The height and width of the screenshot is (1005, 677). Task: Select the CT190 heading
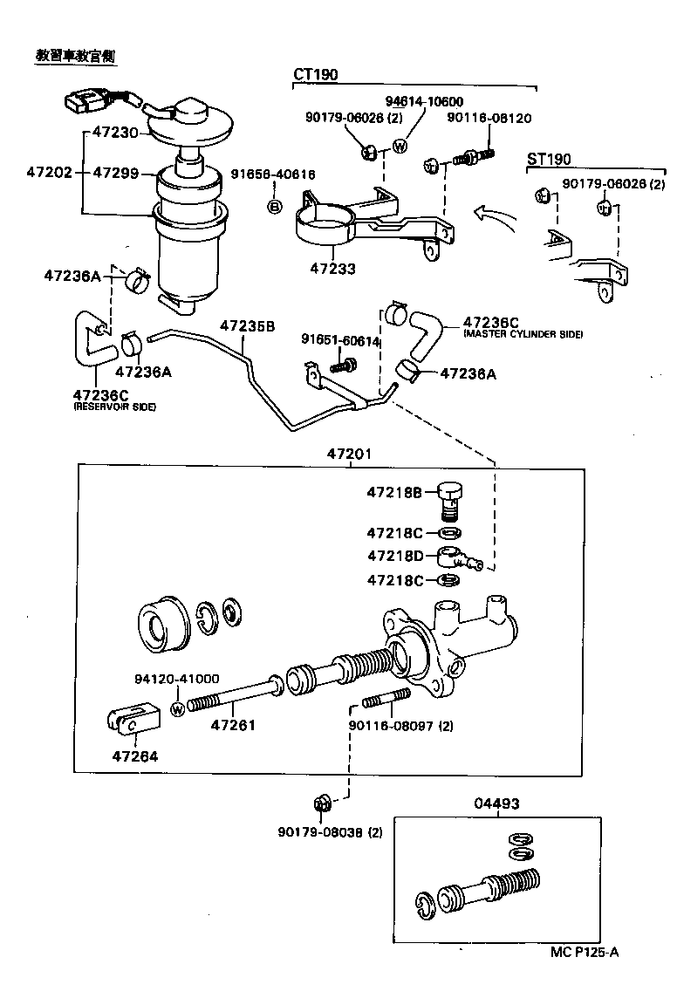[315, 76]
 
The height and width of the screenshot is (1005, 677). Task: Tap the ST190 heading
[550, 159]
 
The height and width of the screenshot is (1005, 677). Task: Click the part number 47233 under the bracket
[332, 269]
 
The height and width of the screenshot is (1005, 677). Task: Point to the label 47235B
[247, 325]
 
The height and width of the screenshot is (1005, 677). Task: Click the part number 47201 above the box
[349, 454]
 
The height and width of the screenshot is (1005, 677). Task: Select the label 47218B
[394, 492]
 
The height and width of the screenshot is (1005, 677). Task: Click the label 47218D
[394, 556]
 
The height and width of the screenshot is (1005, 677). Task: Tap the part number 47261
[233, 724]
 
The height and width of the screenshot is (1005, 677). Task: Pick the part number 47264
[134, 756]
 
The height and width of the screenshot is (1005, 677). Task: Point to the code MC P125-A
[584, 952]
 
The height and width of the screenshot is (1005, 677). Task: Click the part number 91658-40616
[273, 174]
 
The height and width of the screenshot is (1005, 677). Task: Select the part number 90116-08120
[489, 118]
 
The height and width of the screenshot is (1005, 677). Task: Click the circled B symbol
[274, 207]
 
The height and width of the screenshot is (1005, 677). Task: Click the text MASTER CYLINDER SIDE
[523, 335]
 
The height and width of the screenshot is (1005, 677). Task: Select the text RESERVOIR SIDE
[114, 407]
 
